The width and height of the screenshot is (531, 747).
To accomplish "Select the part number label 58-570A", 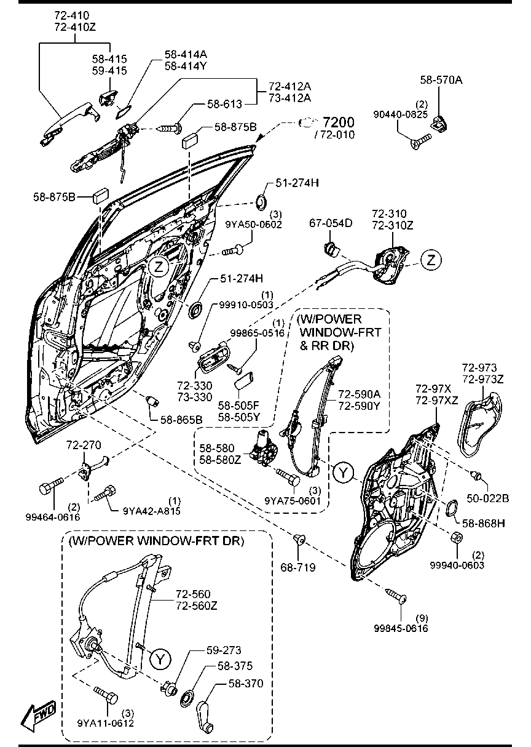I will [441, 79].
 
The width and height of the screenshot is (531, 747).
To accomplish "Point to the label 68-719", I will [299, 567].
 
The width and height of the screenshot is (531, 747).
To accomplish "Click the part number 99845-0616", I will [401, 628].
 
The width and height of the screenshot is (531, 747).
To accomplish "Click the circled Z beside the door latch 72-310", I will [431, 260].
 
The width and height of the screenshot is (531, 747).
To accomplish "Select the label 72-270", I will [84, 444].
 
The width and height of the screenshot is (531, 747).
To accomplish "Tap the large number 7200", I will [339, 121].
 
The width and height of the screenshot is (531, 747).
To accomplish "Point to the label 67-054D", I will [330, 223].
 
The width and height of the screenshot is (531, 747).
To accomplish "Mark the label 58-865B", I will [181, 420].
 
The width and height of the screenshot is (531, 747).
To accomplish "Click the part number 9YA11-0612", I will [106, 723].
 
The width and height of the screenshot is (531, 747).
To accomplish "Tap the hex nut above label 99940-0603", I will [457, 537].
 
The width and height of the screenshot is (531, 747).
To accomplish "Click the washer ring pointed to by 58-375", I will [186, 698].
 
